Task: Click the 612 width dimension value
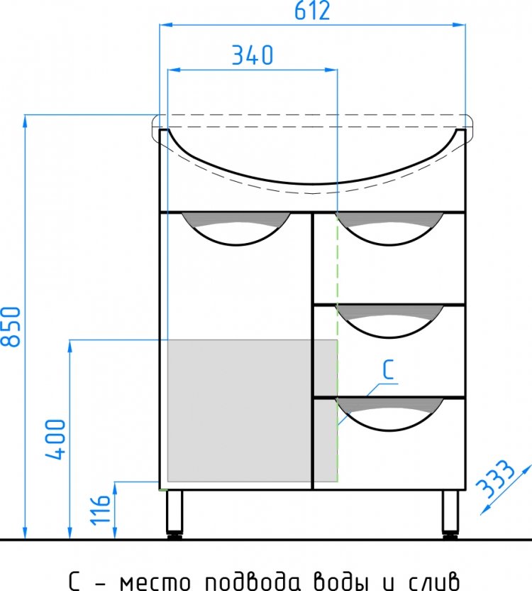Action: point(312,11)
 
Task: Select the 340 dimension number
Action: point(253,55)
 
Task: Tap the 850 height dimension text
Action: point(11,327)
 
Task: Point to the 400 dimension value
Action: point(55,439)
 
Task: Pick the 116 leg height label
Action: point(101,509)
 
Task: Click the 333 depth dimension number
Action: point(494,479)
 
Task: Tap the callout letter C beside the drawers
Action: point(388,370)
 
